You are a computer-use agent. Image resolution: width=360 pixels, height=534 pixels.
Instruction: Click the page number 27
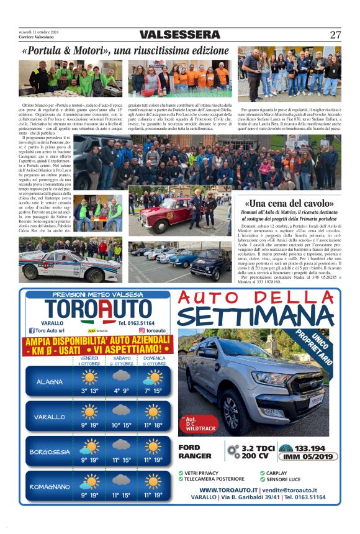coord(335,35)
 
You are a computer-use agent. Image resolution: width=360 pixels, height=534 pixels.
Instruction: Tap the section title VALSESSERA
coord(180,35)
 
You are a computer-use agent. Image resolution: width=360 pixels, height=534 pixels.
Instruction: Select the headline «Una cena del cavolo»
coord(290,203)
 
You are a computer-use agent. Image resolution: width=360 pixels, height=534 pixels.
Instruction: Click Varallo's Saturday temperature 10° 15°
coord(121,425)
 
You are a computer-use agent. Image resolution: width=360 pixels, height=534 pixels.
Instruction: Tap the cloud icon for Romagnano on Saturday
coord(121,481)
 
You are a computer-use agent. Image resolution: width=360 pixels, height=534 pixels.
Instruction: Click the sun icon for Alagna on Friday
coord(89,377)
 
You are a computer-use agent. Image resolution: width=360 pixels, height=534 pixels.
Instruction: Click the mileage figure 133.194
coord(310,448)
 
